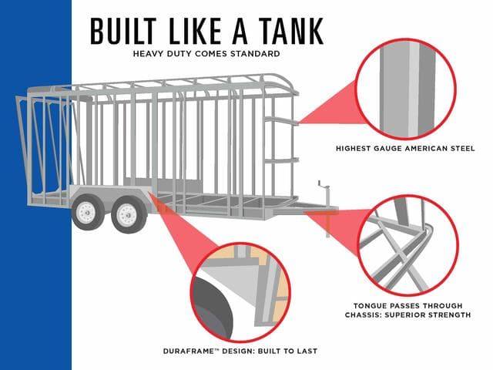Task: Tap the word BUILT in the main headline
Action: (x=123, y=31)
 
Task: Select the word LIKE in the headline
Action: (x=195, y=31)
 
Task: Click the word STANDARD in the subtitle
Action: (x=255, y=53)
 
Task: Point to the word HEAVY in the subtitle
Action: (x=149, y=53)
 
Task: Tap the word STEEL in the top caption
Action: (x=463, y=148)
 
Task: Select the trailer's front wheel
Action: (x=129, y=215)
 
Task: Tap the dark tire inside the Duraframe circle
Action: (x=211, y=307)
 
